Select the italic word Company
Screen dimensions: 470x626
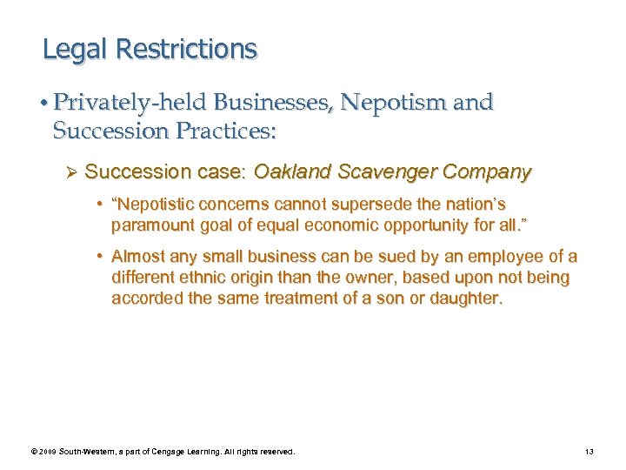(x=486, y=172)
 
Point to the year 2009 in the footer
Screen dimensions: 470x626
(x=50, y=452)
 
